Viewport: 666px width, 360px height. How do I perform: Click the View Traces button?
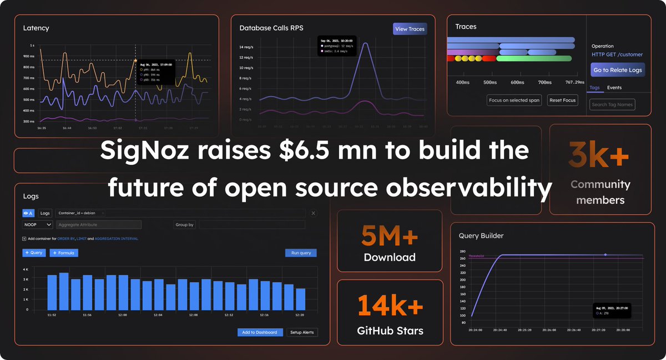click(x=410, y=29)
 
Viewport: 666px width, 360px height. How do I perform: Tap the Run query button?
click(x=301, y=253)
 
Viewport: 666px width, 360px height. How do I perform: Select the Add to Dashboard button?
click(x=259, y=332)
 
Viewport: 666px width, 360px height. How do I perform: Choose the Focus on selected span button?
click(x=514, y=100)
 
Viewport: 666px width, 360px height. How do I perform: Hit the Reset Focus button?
click(x=562, y=100)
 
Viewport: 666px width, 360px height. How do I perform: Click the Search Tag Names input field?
click(x=612, y=104)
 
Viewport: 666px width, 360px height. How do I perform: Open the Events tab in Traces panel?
click(x=614, y=88)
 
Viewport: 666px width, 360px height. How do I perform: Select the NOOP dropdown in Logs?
click(x=38, y=225)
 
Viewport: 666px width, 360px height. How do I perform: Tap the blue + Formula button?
click(x=64, y=253)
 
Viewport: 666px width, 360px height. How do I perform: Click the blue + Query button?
click(x=34, y=253)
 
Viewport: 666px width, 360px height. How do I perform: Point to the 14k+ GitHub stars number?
click(x=390, y=306)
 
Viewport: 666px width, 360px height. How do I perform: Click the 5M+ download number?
click(x=390, y=236)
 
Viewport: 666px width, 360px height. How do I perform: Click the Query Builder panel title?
click(x=481, y=236)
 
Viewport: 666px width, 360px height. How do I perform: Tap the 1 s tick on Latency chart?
click(x=32, y=45)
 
